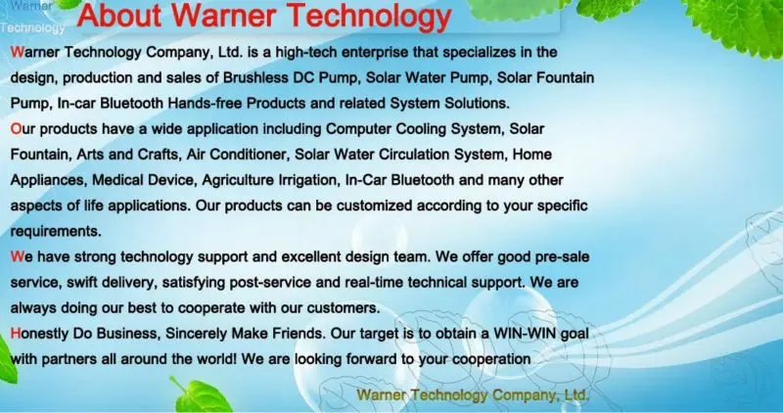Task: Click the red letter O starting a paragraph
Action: (x=15, y=129)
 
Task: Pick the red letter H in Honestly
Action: (x=15, y=333)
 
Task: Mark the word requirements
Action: (x=55, y=231)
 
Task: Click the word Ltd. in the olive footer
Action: (x=573, y=394)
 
